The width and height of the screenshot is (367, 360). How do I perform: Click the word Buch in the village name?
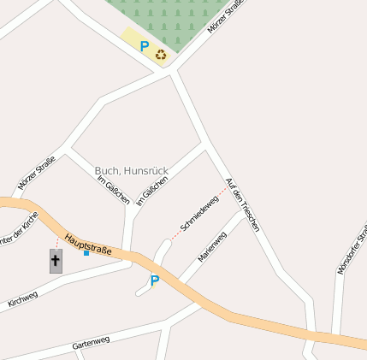click(107, 171)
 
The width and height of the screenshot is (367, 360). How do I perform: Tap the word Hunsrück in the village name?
click(145, 171)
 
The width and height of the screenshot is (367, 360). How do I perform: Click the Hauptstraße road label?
click(88, 245)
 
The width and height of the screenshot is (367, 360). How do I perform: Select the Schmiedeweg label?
click(196, 214)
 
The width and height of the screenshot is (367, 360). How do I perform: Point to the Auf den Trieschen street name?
click(242, 205)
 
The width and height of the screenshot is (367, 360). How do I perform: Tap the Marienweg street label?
click(212, 246)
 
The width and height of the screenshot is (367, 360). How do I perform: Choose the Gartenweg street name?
click(91, 342)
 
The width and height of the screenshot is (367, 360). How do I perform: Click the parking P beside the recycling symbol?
click(145, 46)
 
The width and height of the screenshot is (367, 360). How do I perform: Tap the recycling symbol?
click(161, 56)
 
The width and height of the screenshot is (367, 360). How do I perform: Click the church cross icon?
click(56, 261)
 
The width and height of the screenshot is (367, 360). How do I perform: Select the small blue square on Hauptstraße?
click(86, 253)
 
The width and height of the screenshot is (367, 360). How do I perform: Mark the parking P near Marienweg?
click(155, 280)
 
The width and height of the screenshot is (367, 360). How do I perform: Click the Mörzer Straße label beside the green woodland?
click(226, 18)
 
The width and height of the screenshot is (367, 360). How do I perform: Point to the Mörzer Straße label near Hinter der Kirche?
click(37, 173)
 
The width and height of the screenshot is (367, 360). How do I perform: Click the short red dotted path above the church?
click(57, 242)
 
